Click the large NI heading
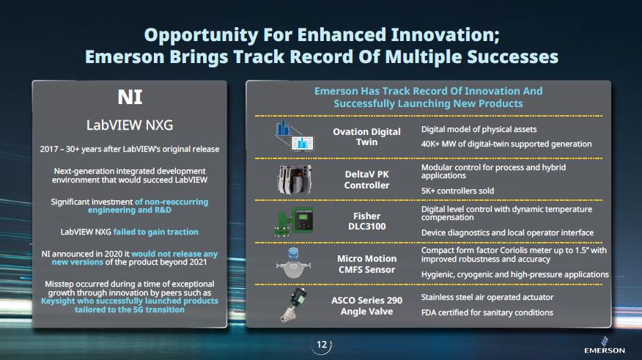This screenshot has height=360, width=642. (x=130, y=98)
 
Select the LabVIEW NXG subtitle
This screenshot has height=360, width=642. (x=130, y=125)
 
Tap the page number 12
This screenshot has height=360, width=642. (x=322, y=345)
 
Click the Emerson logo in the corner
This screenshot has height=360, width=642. (x=605, y=345)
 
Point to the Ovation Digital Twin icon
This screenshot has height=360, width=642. (x=295, y=136)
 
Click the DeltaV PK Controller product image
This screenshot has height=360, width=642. (x=294, y=180)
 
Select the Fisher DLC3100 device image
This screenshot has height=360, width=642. (x=294, y=221)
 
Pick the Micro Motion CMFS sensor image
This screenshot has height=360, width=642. (x=293, y=263)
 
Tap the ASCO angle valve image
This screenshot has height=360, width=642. (x=295, y=305)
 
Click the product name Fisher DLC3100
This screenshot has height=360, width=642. (x=367, y=221)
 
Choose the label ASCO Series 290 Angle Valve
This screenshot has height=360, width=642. (x=367, y=306)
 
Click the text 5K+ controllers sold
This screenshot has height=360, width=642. (x=457, y=191)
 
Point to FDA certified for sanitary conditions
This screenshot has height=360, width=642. (x=487, y=312)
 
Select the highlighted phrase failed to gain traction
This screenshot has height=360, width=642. (x=155, y=232)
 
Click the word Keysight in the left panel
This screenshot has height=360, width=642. (x=58, y=301)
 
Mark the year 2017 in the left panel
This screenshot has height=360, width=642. (x=48, y=149)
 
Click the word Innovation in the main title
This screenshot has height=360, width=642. (x=445, y=34)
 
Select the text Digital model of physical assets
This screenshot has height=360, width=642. (x=479, y=130)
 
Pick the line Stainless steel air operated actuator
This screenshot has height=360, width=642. (x=487, y=298)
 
